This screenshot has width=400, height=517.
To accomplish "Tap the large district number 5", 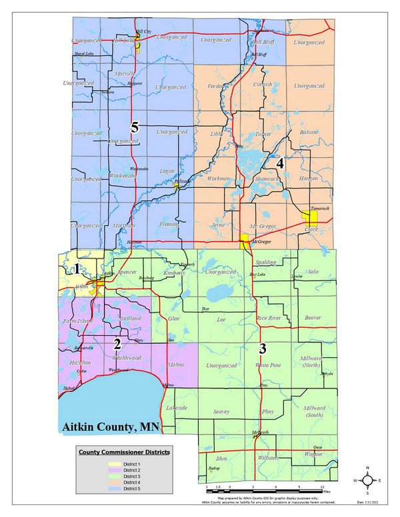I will click(134, 128).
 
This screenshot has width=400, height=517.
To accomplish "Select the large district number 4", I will click(281, 163).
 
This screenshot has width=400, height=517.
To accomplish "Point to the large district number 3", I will click(263, 348).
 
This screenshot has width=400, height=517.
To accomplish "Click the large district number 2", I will click(117, 344).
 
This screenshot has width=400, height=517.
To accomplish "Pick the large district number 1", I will click(77, 268).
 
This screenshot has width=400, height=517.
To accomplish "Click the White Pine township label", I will click(269, 366).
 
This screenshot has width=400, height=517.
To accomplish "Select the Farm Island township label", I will click(75, 322).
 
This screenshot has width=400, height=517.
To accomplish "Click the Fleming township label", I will click(169, 225).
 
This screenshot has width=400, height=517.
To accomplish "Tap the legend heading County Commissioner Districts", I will click(125, 452).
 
